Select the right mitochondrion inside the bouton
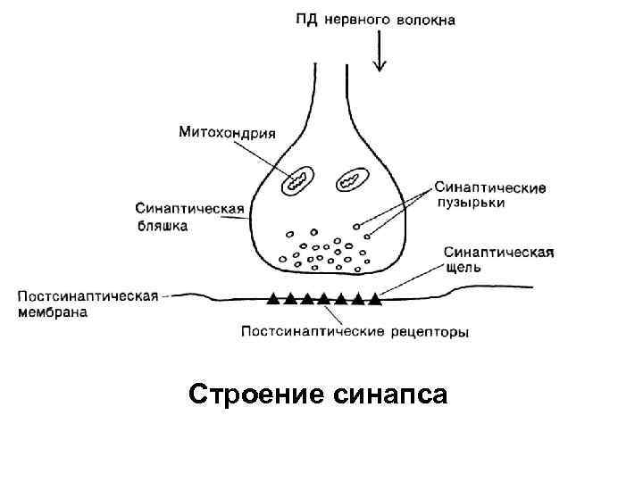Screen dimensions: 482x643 (352, 181)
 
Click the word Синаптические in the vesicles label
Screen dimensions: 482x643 (491, 187)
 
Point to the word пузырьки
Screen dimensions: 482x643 (470, 204)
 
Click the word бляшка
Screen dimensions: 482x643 (162, 226)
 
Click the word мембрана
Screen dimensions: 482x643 (53, 312)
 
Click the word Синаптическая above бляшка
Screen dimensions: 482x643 (190, 210)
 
